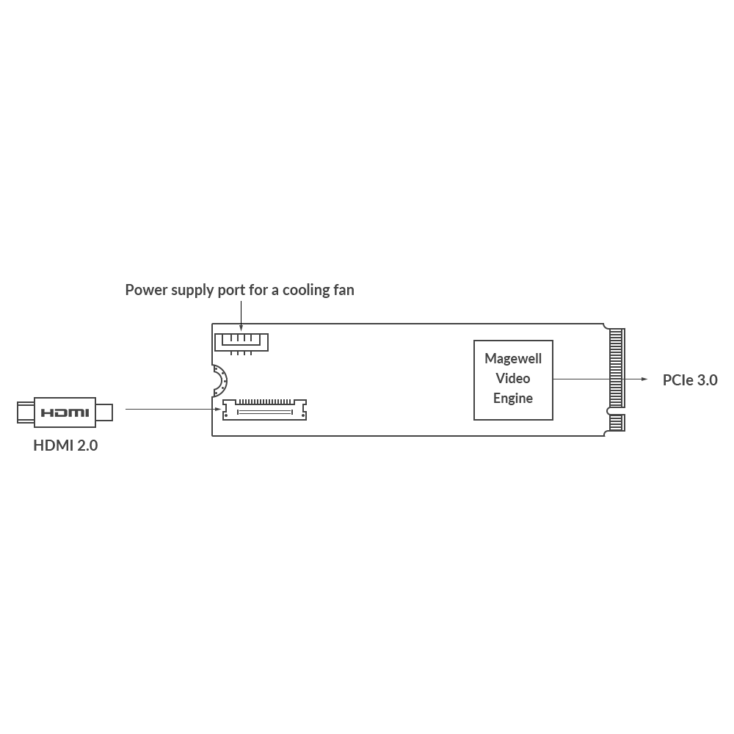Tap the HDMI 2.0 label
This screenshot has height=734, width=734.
(65, 445)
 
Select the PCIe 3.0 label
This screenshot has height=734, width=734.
(690, 380)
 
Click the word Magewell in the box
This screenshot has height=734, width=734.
(513, 359)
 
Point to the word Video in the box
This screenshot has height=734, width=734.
(513, 379)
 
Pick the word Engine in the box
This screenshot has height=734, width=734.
(513, 399)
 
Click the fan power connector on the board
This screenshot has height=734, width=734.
(241, 341)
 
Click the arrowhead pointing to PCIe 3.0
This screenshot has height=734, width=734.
(644, 379)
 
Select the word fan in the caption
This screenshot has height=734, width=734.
(344, 290)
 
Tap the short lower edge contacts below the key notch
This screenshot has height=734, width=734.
(615, 424)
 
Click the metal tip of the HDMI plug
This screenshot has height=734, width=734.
(106, 412)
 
